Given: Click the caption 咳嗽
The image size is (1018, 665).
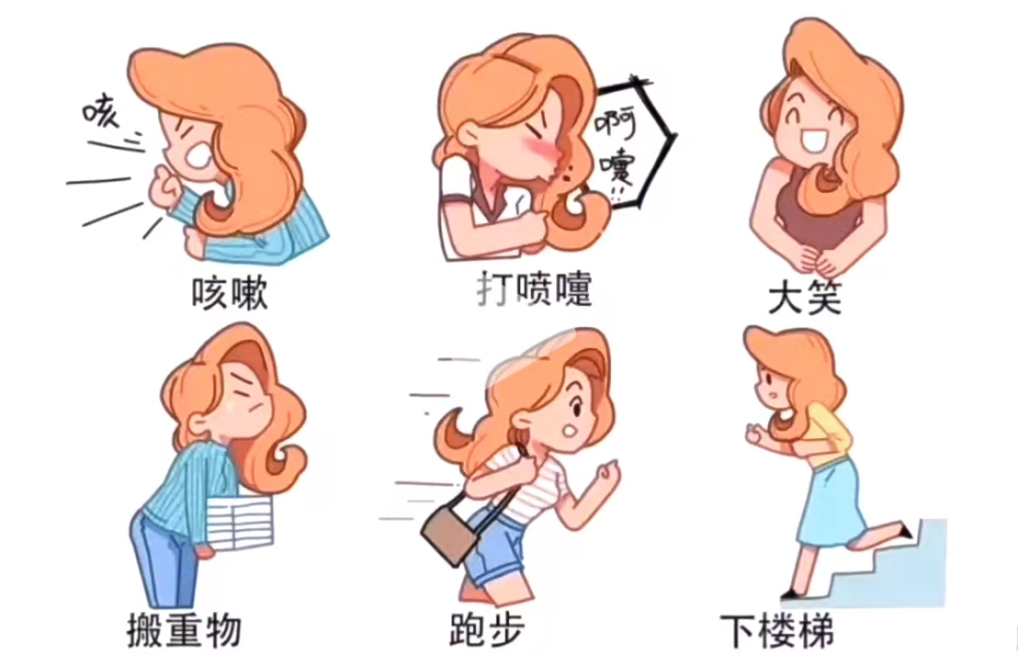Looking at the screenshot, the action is click(229, 294).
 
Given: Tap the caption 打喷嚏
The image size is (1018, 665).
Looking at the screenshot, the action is click(534, 289).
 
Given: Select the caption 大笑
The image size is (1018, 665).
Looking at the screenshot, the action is click(804, 298).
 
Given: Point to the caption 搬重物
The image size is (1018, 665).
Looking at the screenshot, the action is click(184, 629).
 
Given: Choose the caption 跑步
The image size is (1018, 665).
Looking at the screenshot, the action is click(487, 629).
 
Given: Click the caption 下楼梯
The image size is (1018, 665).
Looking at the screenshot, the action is click(777, 630).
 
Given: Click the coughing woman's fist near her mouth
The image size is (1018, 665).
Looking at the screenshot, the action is click(162, 184).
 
